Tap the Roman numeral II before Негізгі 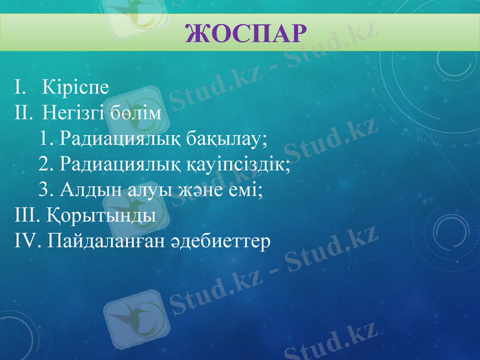tap(21, 113)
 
